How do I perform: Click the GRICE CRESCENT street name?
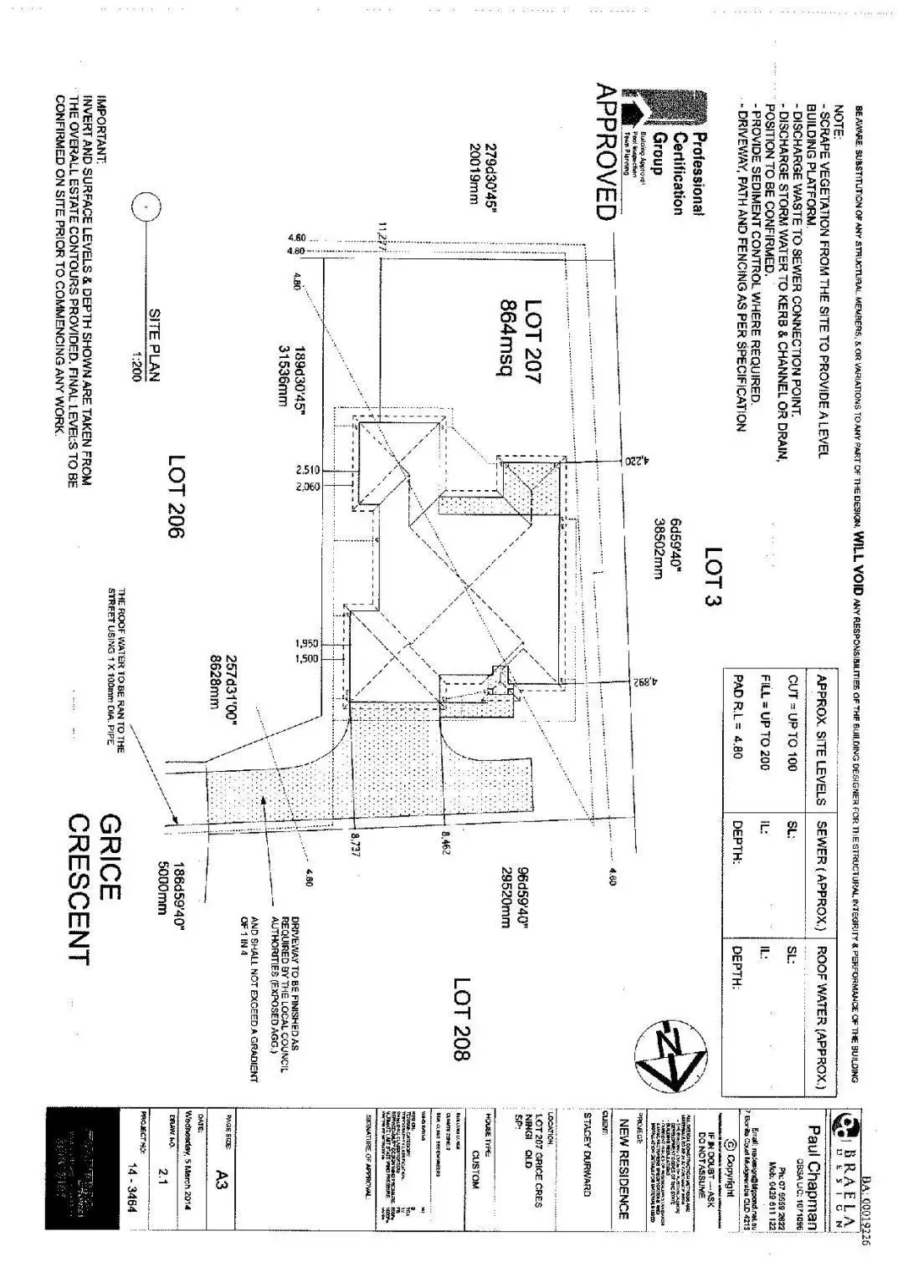point(93,888)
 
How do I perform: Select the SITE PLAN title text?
point(155,345)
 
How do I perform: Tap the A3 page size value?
point(222,1180)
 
